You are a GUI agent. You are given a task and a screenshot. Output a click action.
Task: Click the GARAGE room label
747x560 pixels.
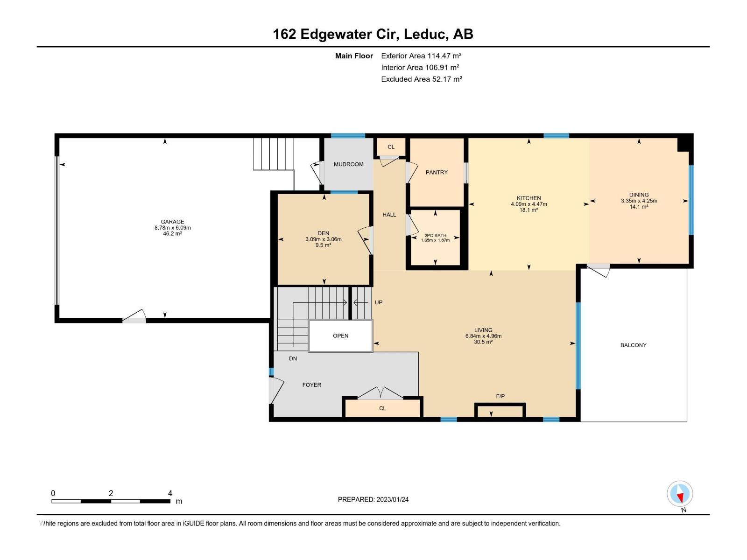click(172, 222)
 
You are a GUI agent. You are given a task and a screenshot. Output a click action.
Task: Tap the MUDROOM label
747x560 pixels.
click(348, 164)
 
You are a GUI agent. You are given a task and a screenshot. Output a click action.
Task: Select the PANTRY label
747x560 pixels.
click(436, 172)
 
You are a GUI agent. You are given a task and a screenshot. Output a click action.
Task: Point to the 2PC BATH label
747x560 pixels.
click(435, 235)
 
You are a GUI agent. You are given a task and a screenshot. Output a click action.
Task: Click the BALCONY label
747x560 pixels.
click(633, 345)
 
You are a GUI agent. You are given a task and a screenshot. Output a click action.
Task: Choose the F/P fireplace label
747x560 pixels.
click(500, 396)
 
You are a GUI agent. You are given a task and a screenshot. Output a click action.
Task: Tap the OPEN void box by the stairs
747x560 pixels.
click(340, 336)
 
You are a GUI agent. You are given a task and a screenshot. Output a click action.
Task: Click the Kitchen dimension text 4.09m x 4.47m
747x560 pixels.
click(529, 204)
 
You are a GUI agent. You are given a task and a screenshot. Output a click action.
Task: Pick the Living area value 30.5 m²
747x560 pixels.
click(483, 342)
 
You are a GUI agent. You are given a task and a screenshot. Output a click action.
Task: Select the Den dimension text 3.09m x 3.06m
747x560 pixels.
click(323, 239)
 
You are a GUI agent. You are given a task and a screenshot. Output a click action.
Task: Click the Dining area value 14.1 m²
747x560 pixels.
click(639, 207)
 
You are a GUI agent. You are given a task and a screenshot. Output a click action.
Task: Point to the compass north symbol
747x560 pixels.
click(680, 493)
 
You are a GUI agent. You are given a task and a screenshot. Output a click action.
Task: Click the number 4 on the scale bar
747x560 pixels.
click(170, 493)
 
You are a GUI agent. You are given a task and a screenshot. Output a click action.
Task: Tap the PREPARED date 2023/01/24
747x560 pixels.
click(392, 499)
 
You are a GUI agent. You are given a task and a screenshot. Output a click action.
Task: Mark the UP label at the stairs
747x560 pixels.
click(379, 302)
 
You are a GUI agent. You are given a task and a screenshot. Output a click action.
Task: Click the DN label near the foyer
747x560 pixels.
click(293, 358)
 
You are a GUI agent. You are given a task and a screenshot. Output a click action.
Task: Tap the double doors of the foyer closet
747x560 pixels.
click(380, 392)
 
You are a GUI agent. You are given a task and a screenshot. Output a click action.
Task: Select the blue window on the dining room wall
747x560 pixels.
click(691, 200)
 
